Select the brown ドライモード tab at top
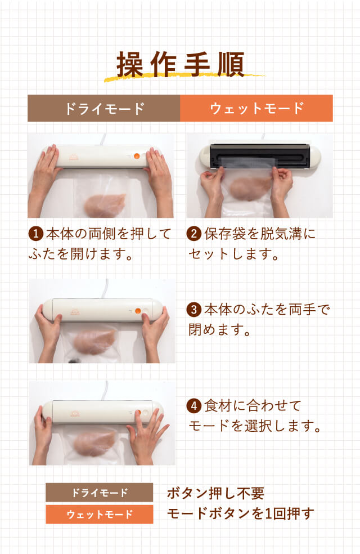tap(104, 108)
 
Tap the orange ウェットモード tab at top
tap(256, 108)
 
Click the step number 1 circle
tap(35, 233)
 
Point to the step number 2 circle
tap(194, 233)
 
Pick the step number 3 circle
tap(194, 309)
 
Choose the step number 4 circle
tap(194, 404)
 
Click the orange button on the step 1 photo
tap(137, 157)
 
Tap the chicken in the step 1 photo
tap(106, 205)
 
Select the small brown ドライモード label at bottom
tap(99, 493)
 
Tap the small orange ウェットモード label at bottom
tap(99, 514)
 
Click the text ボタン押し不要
tap(215, 493)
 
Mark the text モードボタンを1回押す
tap(240, 513)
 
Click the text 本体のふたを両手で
tap(266, 310)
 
